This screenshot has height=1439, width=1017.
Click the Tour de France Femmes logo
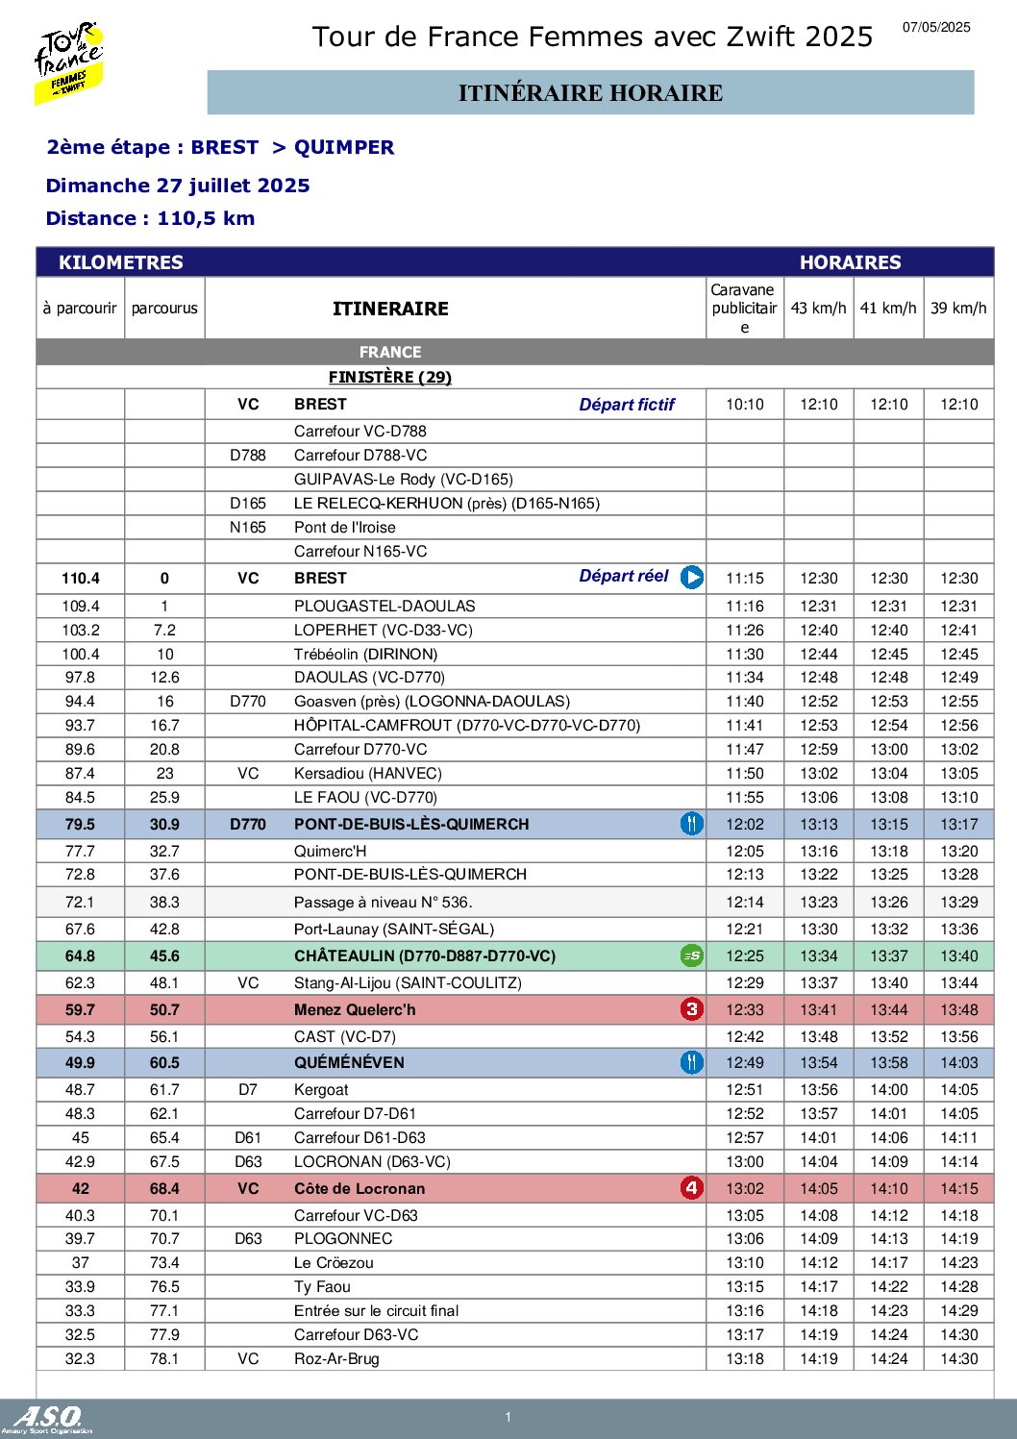(x=69, y=62)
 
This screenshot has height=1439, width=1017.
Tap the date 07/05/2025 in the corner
(x=936, y=28)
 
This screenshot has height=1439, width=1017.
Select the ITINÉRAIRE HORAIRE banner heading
(x=590, y=93)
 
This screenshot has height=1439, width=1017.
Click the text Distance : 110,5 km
(x=150, y=218)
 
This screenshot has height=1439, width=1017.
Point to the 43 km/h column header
(x=818, y=309)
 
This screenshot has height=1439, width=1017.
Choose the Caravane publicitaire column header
(x=744, y=309)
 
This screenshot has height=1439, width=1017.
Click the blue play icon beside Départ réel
(x=692, y=577)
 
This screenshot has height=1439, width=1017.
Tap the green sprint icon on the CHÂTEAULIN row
(x=692, y=955)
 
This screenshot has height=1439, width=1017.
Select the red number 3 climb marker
(x=692, y=1009)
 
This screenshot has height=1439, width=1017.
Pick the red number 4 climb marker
(x=692, y=1188)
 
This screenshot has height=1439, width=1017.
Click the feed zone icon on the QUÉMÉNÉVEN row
(x=692, y=1062)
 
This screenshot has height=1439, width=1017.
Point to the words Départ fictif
(x=627, y=405)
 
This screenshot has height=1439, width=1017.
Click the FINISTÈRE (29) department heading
(x=390, y=377)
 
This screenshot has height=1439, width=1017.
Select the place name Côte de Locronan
(x=360, y=1189)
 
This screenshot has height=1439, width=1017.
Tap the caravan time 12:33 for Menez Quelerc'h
(x=745, y=1010)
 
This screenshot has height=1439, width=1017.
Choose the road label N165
(x=248, y=528)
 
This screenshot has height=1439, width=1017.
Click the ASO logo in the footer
(x=48, y=1417)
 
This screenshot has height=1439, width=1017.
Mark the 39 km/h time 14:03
(x=959, y=1063)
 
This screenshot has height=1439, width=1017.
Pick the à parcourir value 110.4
(x=81, y=579)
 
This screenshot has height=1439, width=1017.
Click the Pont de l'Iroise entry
(x=345, y=528)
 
